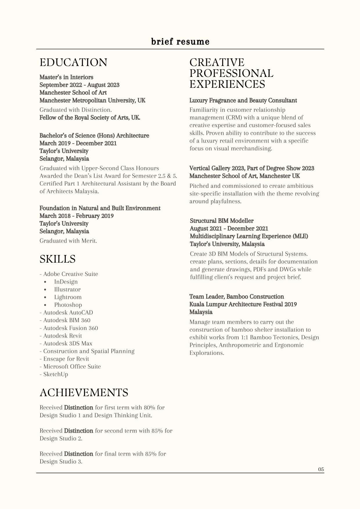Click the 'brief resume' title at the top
pos(180,42)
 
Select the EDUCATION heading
pos(73,62)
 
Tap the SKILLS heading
pos(57,259)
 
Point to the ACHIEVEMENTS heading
pos(84,392)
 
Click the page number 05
pos(321,469)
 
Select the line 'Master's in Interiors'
pos(66,77)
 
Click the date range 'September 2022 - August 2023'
pos(79,85)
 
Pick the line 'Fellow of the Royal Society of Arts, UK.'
pos(90,118)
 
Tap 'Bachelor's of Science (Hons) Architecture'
pos(94,136)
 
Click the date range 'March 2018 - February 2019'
pos(77,216)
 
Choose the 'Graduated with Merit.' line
pos(68,241)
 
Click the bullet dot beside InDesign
pos(45,282)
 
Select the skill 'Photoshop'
pos(68,305)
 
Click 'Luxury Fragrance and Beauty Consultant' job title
pos(243,100)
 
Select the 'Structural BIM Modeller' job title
pos(222,221)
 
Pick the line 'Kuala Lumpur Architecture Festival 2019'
pos(243,304)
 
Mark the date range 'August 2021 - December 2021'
pos(229,229)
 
